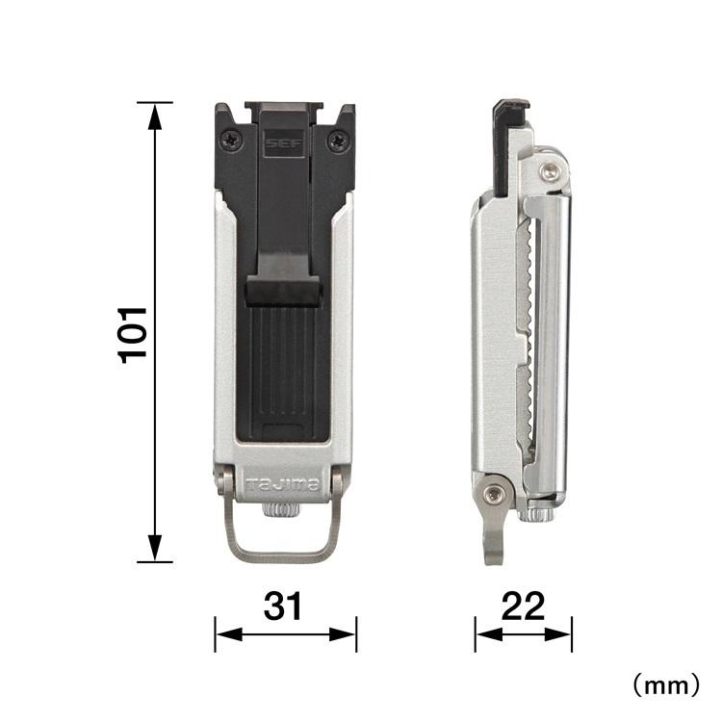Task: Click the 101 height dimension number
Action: [x=132, y=333]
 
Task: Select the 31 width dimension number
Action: [x=284, y=606]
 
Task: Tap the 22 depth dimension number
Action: [x=523, y=606]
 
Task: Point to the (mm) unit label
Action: [x=664, y=684]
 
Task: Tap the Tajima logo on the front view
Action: [x=283, y=484]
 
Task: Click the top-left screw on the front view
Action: [x=230, y=141]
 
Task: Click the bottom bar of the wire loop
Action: [x=283, y=555]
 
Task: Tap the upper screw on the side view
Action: [x=550, y=171]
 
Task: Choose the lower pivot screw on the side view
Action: [x=495, y=494]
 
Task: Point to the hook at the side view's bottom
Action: [x=494, y=545]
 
